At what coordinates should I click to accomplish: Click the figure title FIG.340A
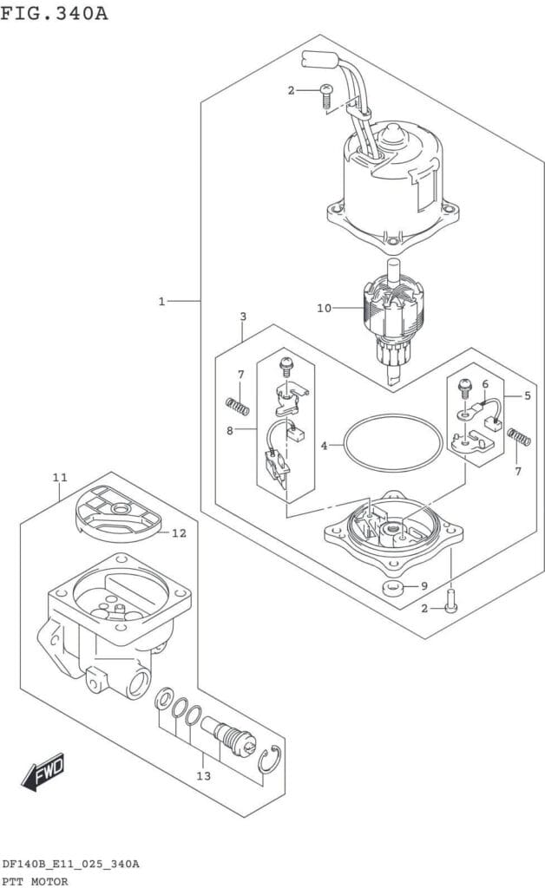tap(54, 12)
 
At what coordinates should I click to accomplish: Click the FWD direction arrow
tap(43, 771)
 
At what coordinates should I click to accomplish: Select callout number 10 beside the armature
tap(324, 308)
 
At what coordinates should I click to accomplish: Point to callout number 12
tap(179, 533)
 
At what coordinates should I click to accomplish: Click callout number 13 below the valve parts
tap(203, 776)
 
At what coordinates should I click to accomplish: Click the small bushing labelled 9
tap(392, 589)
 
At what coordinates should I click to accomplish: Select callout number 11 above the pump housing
tap(60, 478)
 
